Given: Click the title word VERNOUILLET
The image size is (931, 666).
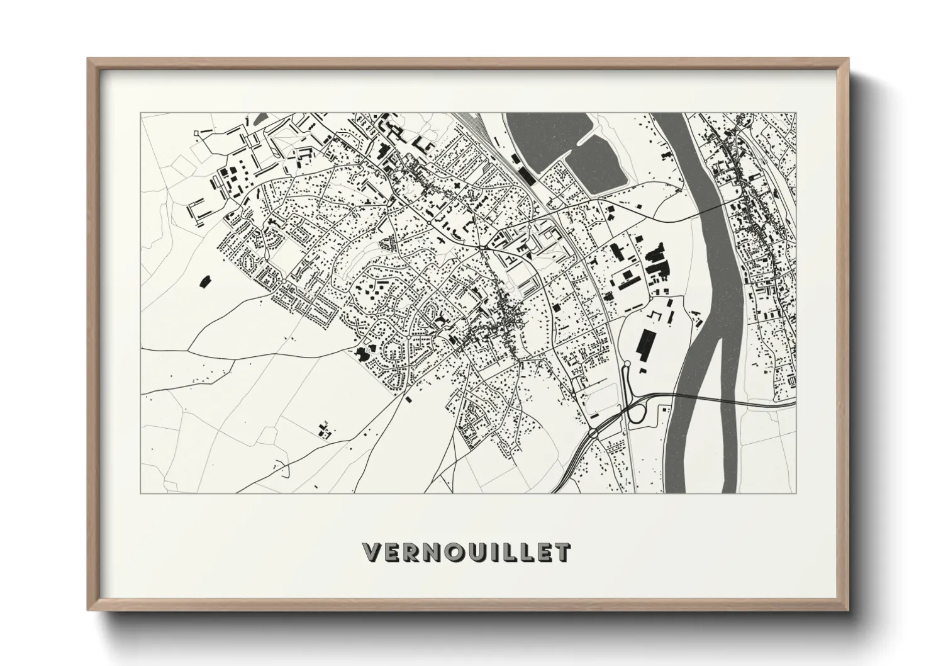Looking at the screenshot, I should pos(466,551).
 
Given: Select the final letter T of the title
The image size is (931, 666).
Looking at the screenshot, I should pos(563,552).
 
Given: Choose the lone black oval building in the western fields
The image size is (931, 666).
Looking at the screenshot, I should pos(204,281).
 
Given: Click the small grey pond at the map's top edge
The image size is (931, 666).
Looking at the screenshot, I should pos(260,117).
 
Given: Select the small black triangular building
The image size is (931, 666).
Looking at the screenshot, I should pos(529,257).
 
